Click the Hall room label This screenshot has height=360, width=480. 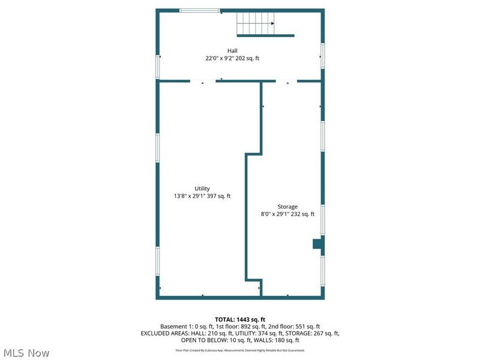click(x=232, y=50)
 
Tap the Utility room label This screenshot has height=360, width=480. click(x=202, y=188)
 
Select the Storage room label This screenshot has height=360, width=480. click(x=287, y=206)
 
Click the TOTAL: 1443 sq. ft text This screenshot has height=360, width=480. click(x=240, y=319)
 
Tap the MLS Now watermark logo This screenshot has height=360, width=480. click(x=26, y=352)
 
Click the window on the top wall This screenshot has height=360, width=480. click(x=200, y=10)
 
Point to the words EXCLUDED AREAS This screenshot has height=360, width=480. click(x=163, y=333)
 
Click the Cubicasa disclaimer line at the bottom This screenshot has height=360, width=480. click(x=240, y=350)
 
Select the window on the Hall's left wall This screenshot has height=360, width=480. click(x=158, y=66)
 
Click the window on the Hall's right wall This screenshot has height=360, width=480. click(x=322, y=55)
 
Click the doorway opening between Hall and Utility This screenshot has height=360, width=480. click(x=203, y=81)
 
